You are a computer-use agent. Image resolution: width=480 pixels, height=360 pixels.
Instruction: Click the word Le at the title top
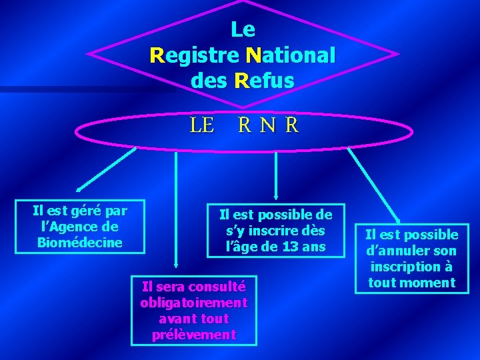tap(243, 29)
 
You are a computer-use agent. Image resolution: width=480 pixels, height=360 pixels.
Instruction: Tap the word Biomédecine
tap(80, 242)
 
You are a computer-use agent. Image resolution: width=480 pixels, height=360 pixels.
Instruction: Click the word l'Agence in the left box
tap(70, 227)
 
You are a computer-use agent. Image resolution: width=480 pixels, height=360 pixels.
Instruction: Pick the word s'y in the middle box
tap(238, 231)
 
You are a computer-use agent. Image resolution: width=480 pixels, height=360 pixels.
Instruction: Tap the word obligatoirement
tap(194, 303)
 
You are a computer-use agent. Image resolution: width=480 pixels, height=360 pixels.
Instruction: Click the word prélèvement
tap(194, 334)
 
